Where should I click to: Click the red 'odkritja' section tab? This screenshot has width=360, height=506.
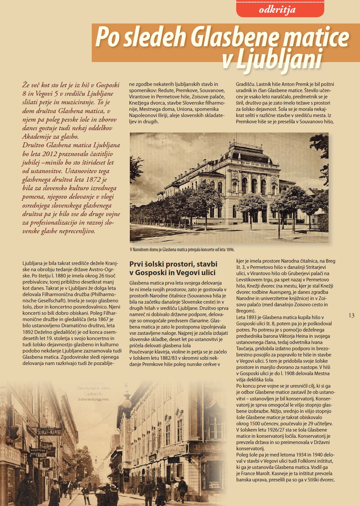(x=280, y=10)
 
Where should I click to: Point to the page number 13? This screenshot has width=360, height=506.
(x=351, y=315)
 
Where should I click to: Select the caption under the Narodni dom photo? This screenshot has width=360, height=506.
(x=182, y=250)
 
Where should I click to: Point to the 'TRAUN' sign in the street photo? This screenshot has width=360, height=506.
(x=41, y=455)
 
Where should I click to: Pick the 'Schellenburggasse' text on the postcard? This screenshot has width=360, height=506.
(x=93, y=399)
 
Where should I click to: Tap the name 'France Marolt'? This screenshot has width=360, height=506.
(x=255, y=474)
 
